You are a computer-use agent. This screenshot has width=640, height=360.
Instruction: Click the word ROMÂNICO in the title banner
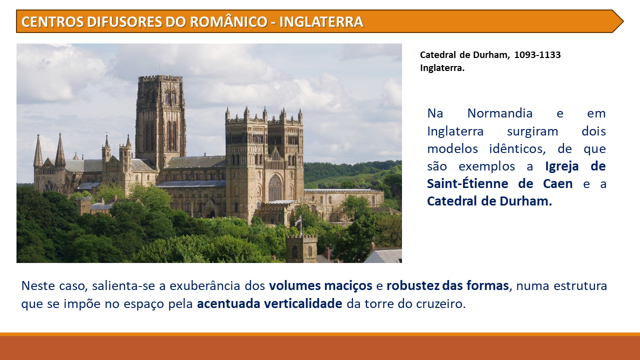tap(228, 21)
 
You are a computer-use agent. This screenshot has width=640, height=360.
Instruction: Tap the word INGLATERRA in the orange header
tap(321, 21)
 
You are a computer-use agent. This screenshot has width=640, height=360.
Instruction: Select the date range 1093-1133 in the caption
tap(537, 55)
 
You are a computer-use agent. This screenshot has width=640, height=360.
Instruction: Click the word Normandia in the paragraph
tap(499, 113)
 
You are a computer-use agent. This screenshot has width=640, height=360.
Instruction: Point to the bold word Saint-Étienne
tap(467, 183)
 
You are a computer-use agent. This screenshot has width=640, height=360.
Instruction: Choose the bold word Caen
tap(557, 183)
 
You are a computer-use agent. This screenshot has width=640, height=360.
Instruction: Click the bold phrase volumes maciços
tap(320, 285)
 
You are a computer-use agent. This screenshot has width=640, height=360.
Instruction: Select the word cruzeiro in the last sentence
tap(441, 304)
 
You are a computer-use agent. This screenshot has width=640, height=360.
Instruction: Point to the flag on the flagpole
tap(298, 220)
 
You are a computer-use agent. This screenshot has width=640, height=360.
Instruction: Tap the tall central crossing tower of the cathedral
tap(160, 120)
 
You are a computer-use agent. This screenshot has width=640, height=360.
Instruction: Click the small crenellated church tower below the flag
tap(301, 248)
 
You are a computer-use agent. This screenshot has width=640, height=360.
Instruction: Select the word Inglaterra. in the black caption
tap(442, 68)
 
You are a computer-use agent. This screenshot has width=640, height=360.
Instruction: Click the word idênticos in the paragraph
tap(517, 149)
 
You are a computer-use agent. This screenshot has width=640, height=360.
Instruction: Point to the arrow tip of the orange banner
tap(623, 21)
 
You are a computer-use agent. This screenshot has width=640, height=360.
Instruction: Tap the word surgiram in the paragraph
tap(532, 131)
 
